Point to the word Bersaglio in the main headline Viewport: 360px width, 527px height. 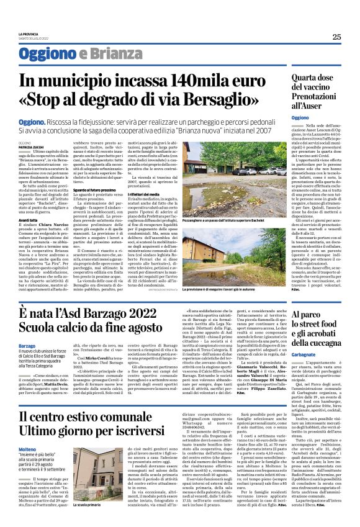tap(249, 99)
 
